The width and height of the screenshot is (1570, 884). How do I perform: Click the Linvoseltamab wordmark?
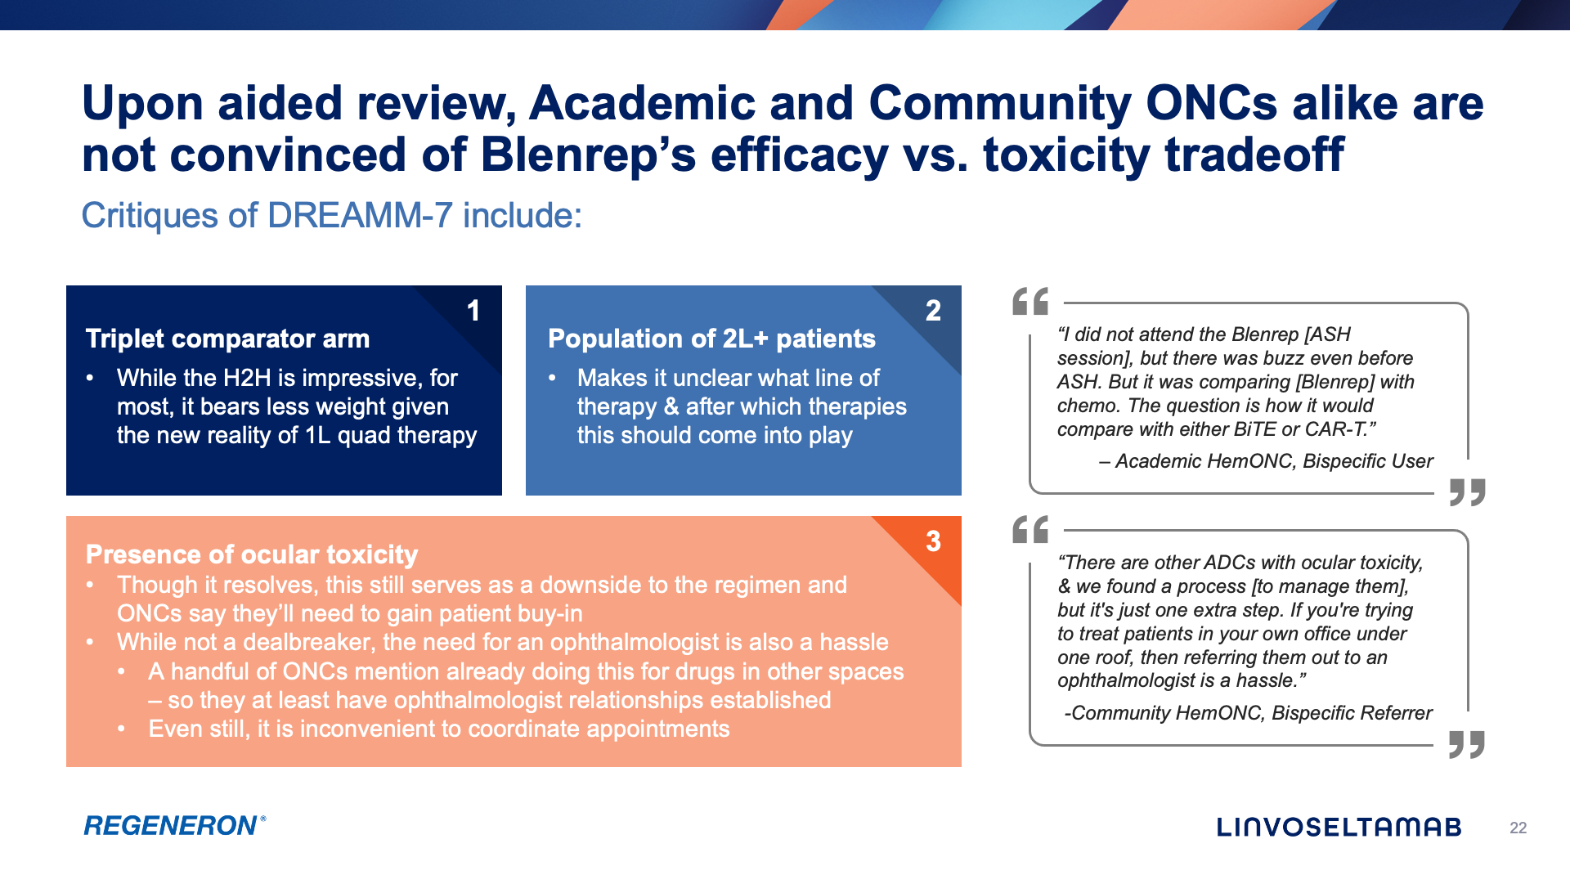1339,828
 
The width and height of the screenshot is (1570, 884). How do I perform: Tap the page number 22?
1518,828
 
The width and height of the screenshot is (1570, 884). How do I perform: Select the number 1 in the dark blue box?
473,311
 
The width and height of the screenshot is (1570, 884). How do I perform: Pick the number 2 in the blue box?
933,311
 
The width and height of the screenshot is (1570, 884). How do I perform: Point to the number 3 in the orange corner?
933,541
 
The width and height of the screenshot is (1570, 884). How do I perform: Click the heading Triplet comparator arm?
227,339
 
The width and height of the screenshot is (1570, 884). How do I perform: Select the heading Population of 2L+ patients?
711,339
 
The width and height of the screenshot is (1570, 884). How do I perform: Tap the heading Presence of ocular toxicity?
252,554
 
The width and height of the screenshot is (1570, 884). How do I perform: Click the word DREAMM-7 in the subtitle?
360,216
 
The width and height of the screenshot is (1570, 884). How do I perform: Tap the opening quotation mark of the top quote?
1030,302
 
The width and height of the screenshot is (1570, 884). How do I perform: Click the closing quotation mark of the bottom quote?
1467,744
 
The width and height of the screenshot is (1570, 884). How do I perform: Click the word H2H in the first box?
249,378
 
